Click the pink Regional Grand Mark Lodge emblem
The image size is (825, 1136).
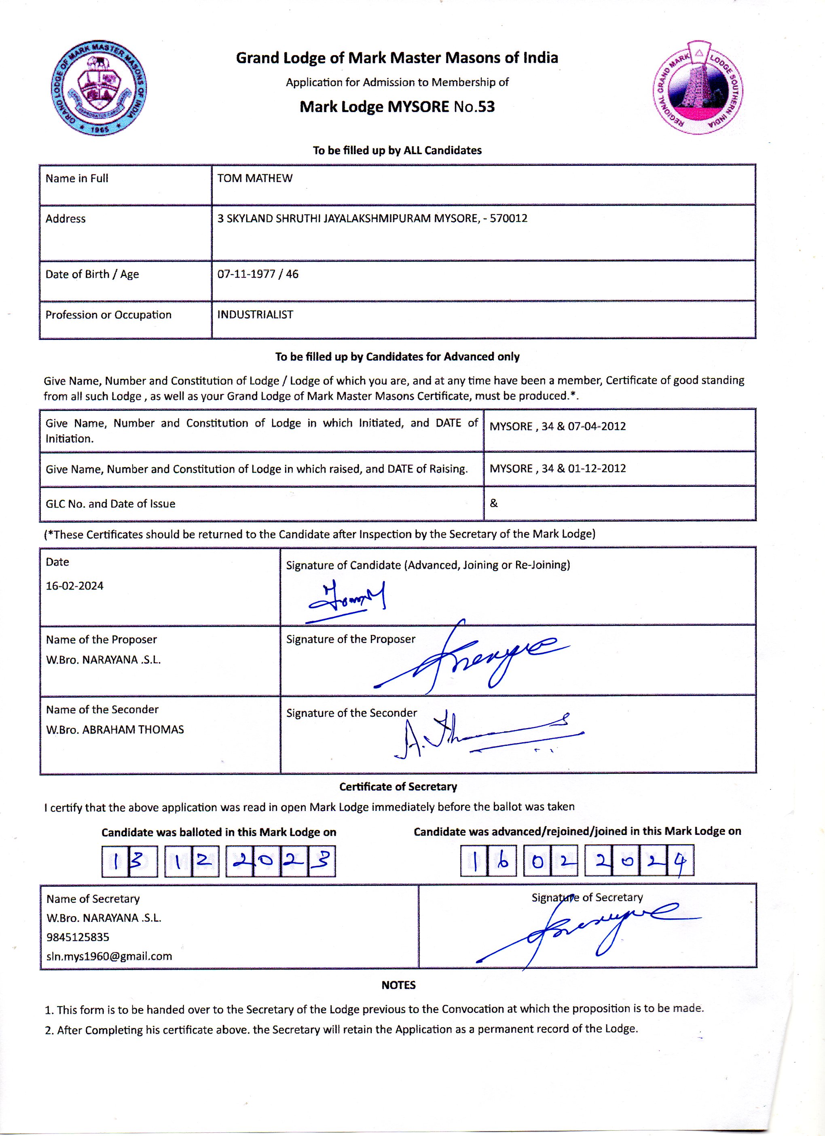(x=698, y=88)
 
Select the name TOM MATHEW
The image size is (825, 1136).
(x=255, y=178)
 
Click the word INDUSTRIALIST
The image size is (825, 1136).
(x=255, y=314)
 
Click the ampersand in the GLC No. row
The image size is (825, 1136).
(x=494, y=503)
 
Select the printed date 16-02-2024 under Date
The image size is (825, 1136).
(x=74, y=586)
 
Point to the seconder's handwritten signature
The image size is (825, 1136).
(x=486, y=736)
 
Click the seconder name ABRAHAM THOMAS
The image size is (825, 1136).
(x=133, y=729)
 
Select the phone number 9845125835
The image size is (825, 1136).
(x=78, y=936)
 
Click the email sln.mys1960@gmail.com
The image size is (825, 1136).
(x=109, y=956)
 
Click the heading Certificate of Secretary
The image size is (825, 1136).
(x=398, y=786)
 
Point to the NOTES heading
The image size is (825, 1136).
(x=398, y=985)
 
